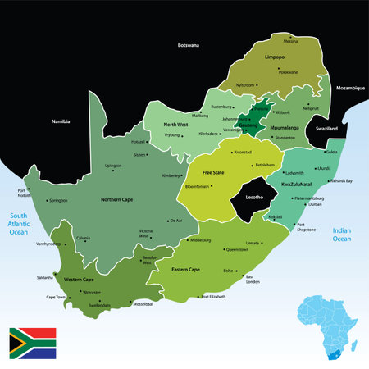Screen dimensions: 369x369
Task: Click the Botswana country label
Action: (x=188, y=45)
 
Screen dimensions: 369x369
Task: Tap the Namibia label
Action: (x=61, y=121)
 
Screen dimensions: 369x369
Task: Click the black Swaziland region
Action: (x=321, y=130)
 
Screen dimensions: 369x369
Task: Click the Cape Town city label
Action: (x=56, y=296)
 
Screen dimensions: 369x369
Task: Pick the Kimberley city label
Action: (x=171, y=175)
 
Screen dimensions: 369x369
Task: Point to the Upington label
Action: (x=113, y=166)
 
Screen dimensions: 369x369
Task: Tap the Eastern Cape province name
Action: (x=184, y=269)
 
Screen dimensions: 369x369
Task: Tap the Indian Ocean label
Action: (x=342, y=236)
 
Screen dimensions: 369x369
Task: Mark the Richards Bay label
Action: (x=339, y=180)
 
